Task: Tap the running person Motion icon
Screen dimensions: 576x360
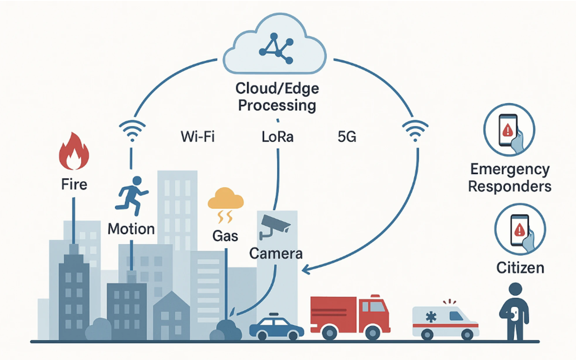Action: pos(132,196)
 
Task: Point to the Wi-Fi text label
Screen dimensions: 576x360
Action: pos(197,137)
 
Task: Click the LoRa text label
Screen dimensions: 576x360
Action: pos(278,137)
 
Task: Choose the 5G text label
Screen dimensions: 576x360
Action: pos(347,137)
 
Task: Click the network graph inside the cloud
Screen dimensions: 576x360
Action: pos(276,48)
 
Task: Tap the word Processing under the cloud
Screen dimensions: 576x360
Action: pos(277,106)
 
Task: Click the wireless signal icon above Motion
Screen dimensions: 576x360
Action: pos(132,130)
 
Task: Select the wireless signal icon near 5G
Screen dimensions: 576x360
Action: pos(415,130)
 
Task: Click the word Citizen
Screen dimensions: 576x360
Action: pos(520,268)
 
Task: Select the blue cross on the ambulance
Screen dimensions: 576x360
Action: pos(431,317)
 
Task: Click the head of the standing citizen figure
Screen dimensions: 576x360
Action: pos(515,289)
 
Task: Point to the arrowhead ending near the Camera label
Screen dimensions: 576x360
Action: pos(305,270)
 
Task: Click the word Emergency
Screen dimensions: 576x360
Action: pos(510,170)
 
